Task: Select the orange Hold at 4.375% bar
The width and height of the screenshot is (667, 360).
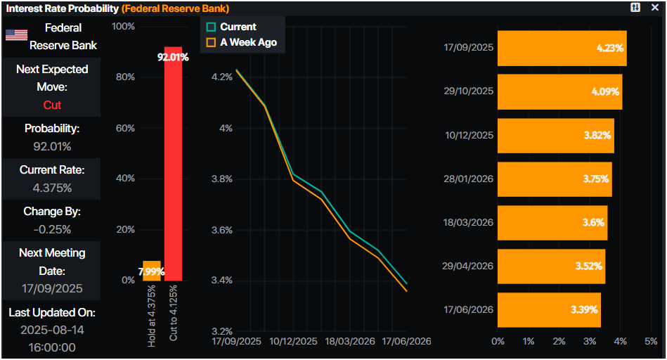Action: (151, 271)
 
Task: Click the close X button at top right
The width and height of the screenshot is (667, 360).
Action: (655, 7)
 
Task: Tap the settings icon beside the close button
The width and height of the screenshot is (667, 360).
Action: (635, 7)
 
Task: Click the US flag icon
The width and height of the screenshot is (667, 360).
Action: (16, 35)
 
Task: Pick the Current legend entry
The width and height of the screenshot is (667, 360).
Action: (231, 27)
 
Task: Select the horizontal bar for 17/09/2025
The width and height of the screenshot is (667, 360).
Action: (561, 48)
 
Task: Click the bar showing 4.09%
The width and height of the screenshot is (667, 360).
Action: (559, 91)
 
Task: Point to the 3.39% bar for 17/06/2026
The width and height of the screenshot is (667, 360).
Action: (548, 309)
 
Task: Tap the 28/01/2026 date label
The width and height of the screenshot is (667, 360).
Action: (469, 179)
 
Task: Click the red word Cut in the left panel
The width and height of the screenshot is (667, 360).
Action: (52, 105)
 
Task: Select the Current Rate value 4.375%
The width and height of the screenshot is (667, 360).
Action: (52, 188)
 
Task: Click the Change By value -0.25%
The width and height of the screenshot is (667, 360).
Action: (52, 229)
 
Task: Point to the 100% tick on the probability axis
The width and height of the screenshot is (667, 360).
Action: (123, 27)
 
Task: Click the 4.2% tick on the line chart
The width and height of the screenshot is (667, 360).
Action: (221, 77)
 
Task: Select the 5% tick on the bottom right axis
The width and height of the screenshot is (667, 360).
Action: (651, 341)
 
